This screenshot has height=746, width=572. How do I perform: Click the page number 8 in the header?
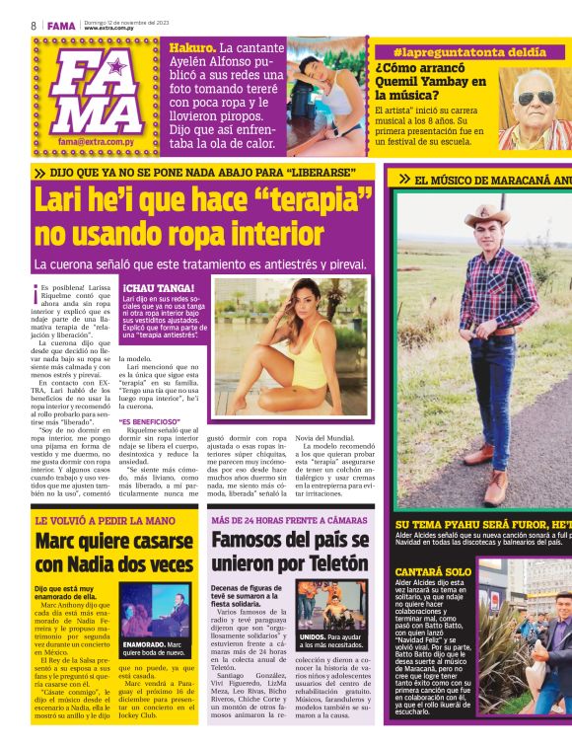tap(33, 24)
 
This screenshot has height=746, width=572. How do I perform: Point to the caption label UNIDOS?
tap(314, 636)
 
